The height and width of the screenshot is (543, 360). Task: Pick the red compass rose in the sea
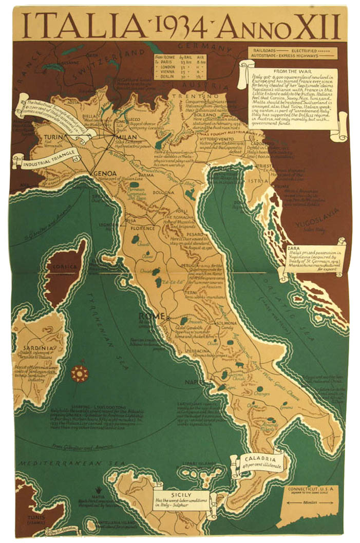[x=80, y=373]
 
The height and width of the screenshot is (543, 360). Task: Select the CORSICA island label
[x=64, y=267]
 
